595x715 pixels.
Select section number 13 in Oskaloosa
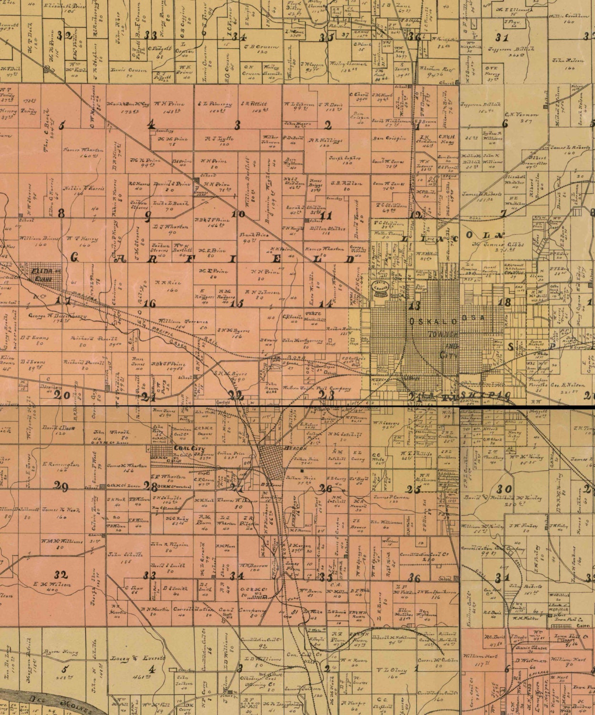(414, 306)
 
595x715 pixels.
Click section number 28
(153, 487)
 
